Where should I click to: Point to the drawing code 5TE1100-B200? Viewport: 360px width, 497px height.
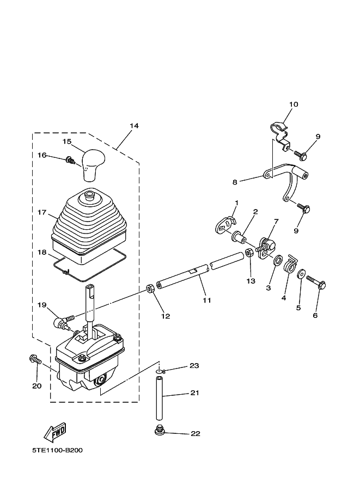pyautogui.click(x=57, y=451)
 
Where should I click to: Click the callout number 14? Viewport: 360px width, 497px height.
pyautogui.click(x=134, y=126)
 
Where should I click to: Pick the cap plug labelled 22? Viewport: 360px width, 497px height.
pyautogui.click(x=160, y=432)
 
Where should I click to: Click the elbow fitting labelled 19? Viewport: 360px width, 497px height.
pyautogui.click(x=59, y=322)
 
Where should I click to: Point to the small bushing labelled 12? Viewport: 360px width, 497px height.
pyautogui.click(x=150, y=289)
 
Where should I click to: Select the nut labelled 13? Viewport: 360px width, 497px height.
pyautogui.click(x=248, y=253)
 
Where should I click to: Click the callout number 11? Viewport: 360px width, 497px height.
pyautogui.click(x=206, y=300)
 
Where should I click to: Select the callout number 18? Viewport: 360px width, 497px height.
pyautogui.click(x=42, y=253)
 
